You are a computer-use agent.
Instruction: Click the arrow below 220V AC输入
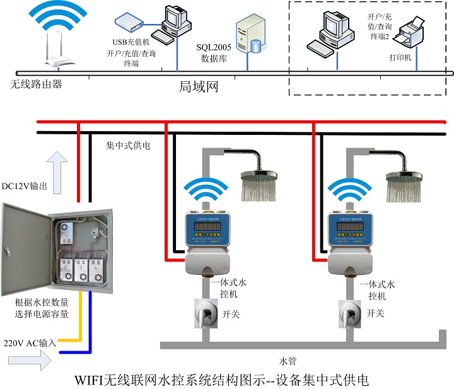[x=30, y=362]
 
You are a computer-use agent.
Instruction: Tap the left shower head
[x=259, y=183]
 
